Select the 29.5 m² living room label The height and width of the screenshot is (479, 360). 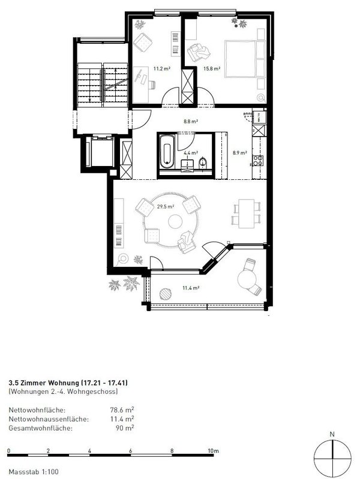(x=165, y=207)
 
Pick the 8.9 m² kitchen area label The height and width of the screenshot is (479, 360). (x=239, y=153)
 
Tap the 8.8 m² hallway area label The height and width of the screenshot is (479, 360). (x=190, y=120)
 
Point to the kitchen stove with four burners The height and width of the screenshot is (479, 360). (x=259, y=161)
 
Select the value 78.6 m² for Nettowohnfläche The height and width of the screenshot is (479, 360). (x=124, y=411)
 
